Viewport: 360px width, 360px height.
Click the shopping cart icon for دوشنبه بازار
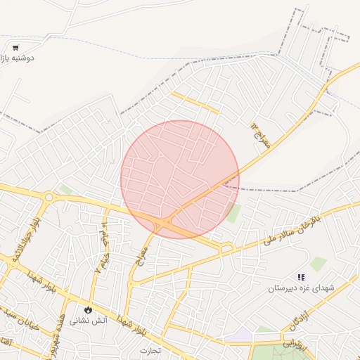(15, 48)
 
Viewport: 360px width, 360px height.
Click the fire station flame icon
(88, 309)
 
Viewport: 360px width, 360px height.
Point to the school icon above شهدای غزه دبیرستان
(302, 278)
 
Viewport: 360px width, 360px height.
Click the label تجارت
(150, 349)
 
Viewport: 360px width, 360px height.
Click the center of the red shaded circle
(180, 179)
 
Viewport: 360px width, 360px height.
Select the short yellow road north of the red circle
(196, 103)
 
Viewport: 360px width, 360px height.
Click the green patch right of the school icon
(319, 264)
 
